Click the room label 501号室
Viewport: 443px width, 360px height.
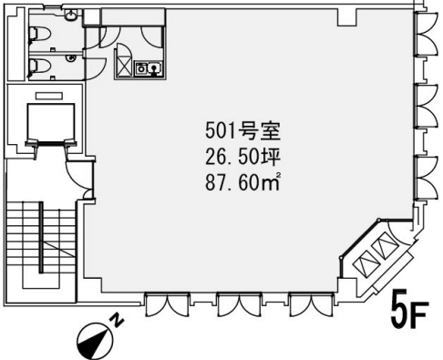[242, 131]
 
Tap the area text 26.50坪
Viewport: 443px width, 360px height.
[242, 157]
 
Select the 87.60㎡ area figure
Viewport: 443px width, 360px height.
[242, 182]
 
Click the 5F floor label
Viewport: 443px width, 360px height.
[409, 310]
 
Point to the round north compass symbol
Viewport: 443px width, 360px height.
[95, 341]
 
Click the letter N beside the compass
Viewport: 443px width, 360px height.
[117, 321]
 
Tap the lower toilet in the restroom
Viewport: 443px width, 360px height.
[38, 66]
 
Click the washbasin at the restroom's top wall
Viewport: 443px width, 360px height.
[71, 14]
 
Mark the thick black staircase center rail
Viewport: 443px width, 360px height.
[41, 238]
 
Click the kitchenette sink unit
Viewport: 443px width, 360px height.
[149, 67]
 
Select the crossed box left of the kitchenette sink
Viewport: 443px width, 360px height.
[124, 67]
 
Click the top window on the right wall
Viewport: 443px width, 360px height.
[428, 34]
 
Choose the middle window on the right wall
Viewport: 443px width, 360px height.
[428, 106]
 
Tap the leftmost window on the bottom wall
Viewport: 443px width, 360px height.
[167, 304]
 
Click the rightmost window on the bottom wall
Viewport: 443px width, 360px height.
[312, 304]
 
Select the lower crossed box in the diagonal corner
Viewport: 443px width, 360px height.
[367, 262]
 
